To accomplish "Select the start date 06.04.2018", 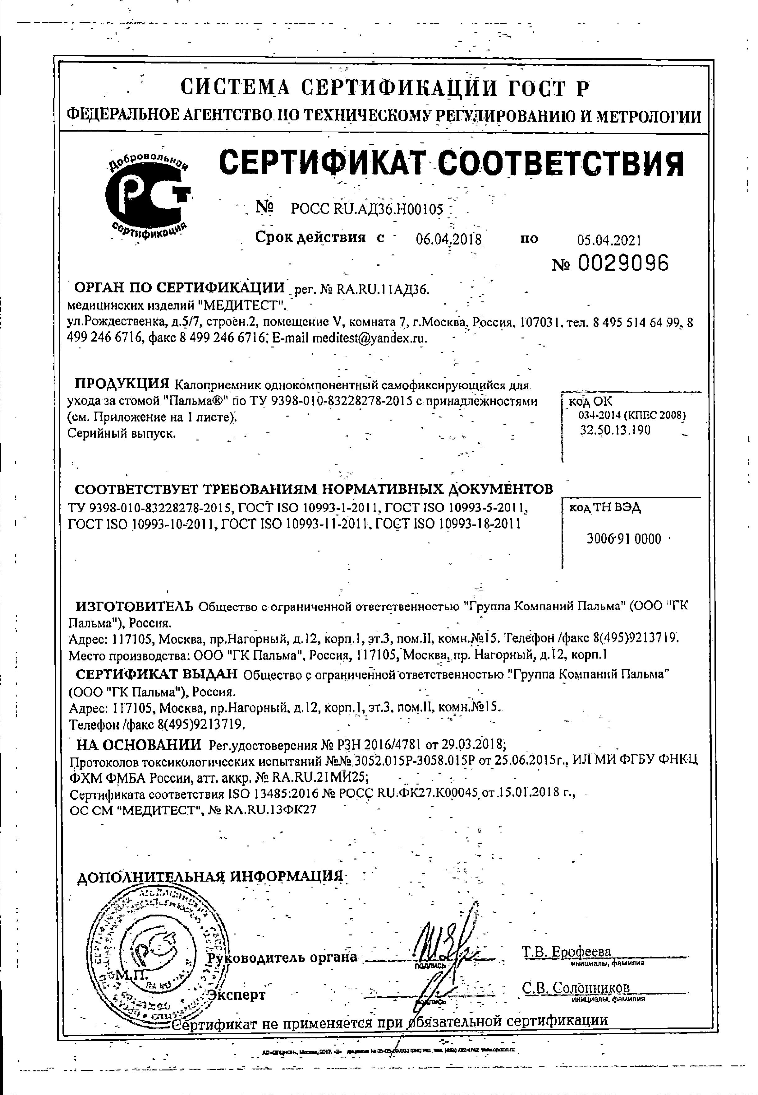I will pyautogui.click(x=448, y=239).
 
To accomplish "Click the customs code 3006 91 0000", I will pyautogui.click(x=624, y=538).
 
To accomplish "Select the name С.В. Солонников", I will pyautogui.click(x=576, y=987).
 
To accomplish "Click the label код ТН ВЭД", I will pyautogui.click(x=605, y=508).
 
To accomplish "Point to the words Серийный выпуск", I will pyautogui.click(x=122, y=433).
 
